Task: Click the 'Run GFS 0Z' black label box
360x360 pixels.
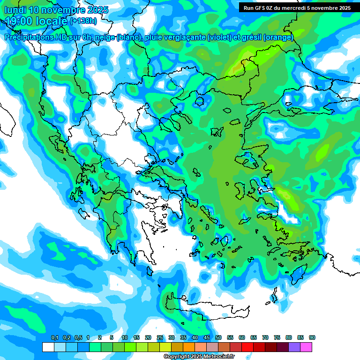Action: tap(297, 7)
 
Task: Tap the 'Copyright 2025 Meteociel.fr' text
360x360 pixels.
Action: tap(199, 357)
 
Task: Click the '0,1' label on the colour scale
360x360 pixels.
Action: tap(54, 338)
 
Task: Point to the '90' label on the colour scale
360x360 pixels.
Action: tap(312, 338)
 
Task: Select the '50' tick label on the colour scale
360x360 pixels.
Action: tap(218, 338)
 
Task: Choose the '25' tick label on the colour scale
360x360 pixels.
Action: tap(160, 338)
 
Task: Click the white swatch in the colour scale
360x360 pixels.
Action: tap(48, 347)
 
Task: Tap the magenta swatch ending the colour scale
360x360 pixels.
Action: tap(306, 347)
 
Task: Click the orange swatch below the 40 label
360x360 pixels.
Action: tap(189, 347)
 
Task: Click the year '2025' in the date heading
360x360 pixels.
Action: tap(97, 10)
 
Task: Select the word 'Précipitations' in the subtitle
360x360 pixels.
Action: tap(29, 37)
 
